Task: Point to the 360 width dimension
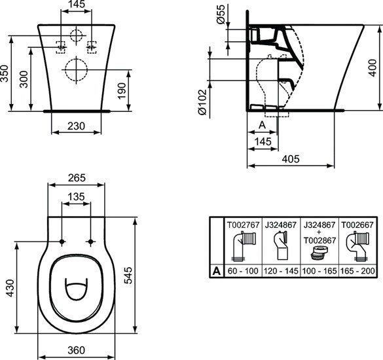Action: click(77, 351)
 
